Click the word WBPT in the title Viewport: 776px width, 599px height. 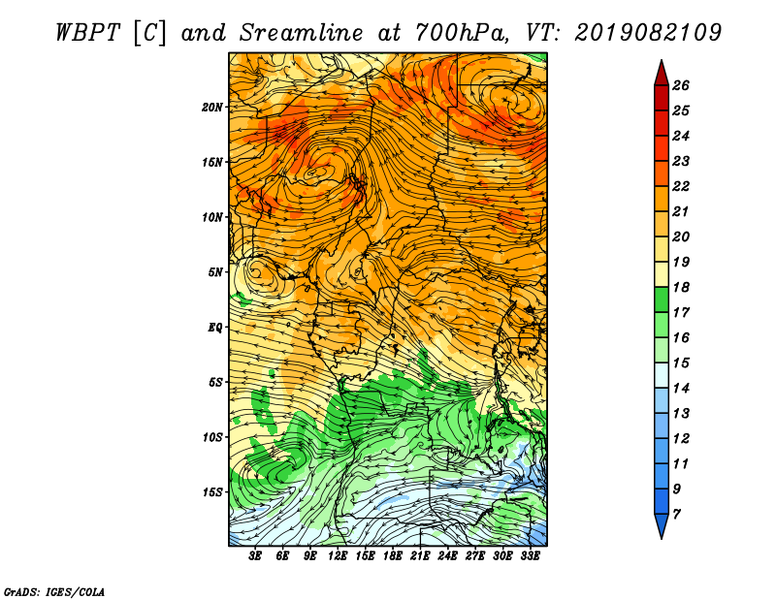click(87, 33)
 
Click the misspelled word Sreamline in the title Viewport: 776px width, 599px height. click(302, 33)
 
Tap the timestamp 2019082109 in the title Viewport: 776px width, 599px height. click(648, 33)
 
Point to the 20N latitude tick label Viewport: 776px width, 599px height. click(212, 108)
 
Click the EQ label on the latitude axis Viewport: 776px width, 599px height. click(215, 328)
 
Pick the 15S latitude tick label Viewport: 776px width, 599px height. click(212, 492)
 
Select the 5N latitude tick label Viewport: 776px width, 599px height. click(215, 272)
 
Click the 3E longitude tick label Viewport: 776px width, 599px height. click(255, 556)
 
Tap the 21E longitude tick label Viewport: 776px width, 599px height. click(420, 556)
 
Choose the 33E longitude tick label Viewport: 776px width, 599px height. click(530, 556)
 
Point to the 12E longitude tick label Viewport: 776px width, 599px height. click(338, 556)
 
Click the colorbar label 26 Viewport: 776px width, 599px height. click(681, 85)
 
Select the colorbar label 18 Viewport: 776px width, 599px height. click(681, 287)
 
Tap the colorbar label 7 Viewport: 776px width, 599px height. click(676, 515)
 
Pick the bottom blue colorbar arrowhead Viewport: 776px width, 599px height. click(662, 525)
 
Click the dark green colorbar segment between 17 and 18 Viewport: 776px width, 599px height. click(662, 299)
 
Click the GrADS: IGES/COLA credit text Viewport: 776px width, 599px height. click(54, 592)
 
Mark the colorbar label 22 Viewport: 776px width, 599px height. click(681, 186)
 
